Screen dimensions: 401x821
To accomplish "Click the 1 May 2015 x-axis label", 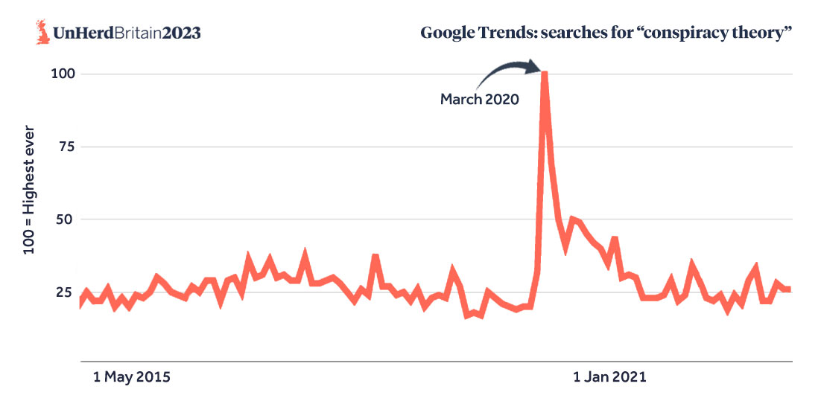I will [x=131, y=377].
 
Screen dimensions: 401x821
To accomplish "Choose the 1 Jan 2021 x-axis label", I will [x=609, y=377].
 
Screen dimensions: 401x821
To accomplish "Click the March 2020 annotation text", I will [x=479, y=98].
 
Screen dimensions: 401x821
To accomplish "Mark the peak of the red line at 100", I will [x=545, y=74].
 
